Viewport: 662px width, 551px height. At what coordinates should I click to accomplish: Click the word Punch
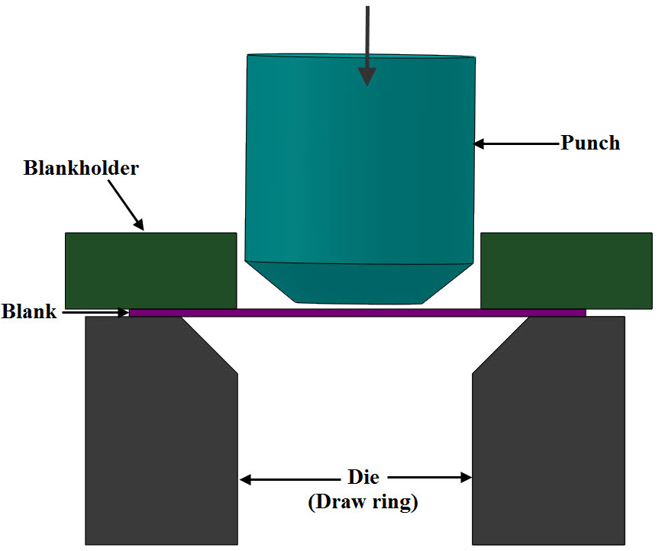coord(590,143)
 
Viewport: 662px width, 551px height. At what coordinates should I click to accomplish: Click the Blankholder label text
coord(81,168)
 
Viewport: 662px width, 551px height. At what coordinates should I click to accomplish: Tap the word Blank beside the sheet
coord(28,311)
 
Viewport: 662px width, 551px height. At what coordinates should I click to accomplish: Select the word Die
coord(358,478)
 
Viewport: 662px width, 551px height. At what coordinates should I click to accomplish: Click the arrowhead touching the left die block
coord(246,479)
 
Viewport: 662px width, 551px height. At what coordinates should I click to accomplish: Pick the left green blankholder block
coord(150,270)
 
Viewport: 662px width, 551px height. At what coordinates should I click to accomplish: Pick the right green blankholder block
coord(566,270)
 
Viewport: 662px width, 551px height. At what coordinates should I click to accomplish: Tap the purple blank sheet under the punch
coord(357,312)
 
